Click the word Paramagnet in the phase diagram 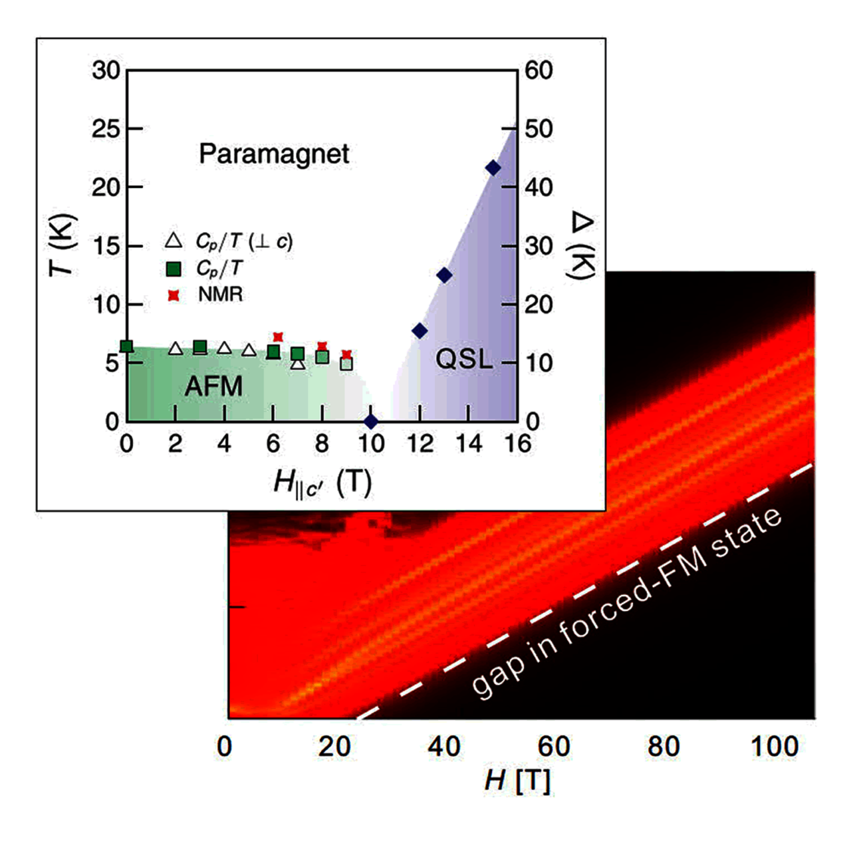pyautogui.click(x=274, y=154)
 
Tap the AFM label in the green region pyautogui.click(x=213, y=386)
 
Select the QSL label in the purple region pyautogui.click(x=464, y=360)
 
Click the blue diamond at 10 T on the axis pyautogui.click(x=371, y=421)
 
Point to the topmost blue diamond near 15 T pyautogui.click(x=493, y=168)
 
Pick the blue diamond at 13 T pyautogui.click(x=444, y=275)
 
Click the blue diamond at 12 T pyautogui.click(x=420, y=330)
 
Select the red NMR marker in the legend pyautogui.click(x=174, y=295)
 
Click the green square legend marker pyautogui.click(x=174, y=269)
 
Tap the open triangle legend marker pyautogui.click(x=173, y=241)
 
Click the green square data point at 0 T pyautogui.click(x=126, y=346)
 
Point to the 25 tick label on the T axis pyautogui.click(x=106, y=128)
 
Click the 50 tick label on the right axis pyautogui.click(x=539, y=128)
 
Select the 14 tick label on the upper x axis pyautogui.click(x=469, y=443)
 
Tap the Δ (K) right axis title pyautogui.click(x=582, y=246)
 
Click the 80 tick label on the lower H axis pyautogui.click(x=664, y=747)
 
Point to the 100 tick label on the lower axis pyautogui.click(x=774, y=747)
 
